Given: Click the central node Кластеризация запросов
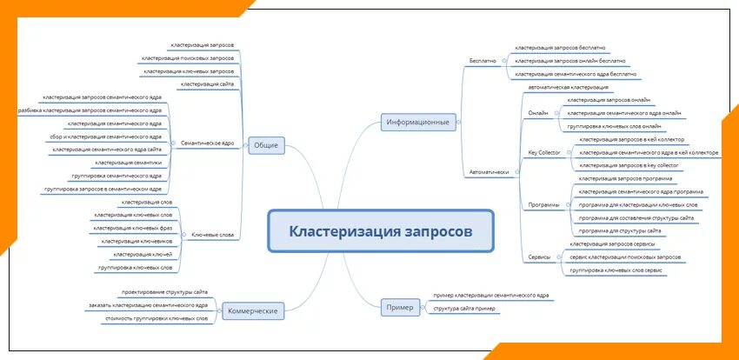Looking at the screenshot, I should [x=380, y=232].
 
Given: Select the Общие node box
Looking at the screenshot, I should [x=266, y=144].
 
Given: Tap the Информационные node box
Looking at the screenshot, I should [x=419, y=123].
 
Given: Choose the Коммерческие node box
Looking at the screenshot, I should [x=252, y=310].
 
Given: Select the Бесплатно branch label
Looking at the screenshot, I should [x=483, y=61].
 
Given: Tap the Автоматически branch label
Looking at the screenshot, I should [x=489, y=172].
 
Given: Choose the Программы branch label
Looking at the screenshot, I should [x=543, y=204].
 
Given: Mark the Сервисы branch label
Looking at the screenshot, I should [x=539, y=257].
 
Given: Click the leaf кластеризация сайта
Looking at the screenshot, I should [x=208, y=83].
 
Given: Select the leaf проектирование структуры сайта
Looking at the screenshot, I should [x=164, y=292].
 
